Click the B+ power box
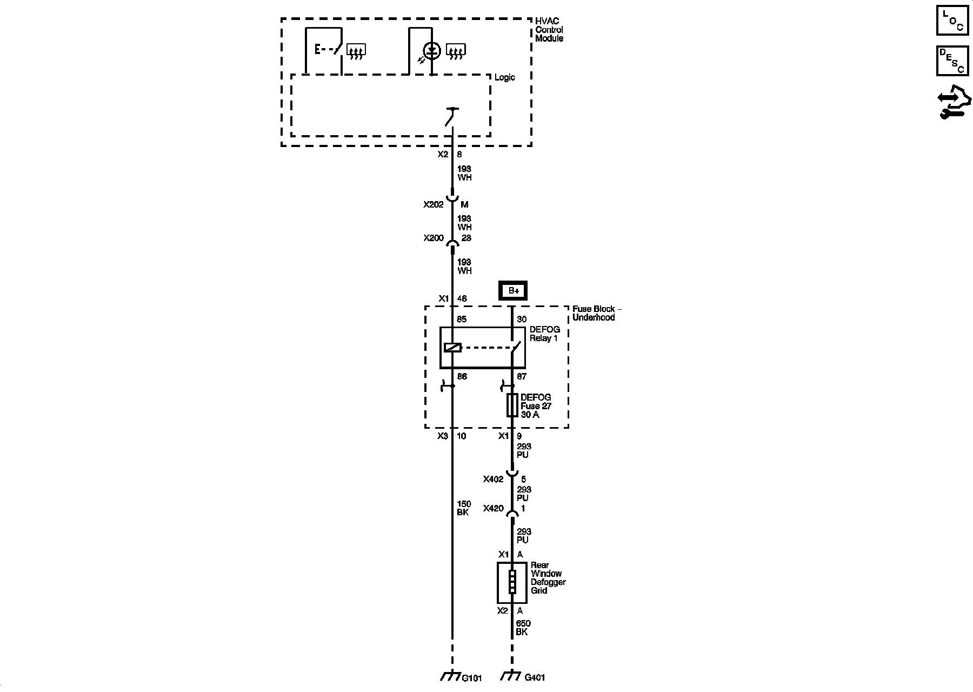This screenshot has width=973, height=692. click(512, 291)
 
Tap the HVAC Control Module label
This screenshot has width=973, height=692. click(549, 30)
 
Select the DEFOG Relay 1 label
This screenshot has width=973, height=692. click(544, 334)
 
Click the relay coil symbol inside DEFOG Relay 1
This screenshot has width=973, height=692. click(452, 348)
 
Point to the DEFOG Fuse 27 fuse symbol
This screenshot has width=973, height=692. click(512, 405)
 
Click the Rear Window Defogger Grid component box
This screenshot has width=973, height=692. click(512, 582)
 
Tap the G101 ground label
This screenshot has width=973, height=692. click(472, 678)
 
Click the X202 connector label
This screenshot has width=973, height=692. click(434, 205)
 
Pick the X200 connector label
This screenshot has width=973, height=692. click(434, 238)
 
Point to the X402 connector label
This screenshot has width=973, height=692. click(494, 479)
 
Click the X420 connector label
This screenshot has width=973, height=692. click(494, 509)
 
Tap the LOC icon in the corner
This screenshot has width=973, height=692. click(952, 19)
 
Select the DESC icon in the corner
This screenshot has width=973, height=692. click(952, 60)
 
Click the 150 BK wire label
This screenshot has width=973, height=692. click(464, 508)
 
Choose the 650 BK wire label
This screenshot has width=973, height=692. click(523, 628)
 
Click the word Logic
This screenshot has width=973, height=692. click(505, 77)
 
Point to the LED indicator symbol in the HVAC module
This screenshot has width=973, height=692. click(431, 51)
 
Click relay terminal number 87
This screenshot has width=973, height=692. click(521, 376)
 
